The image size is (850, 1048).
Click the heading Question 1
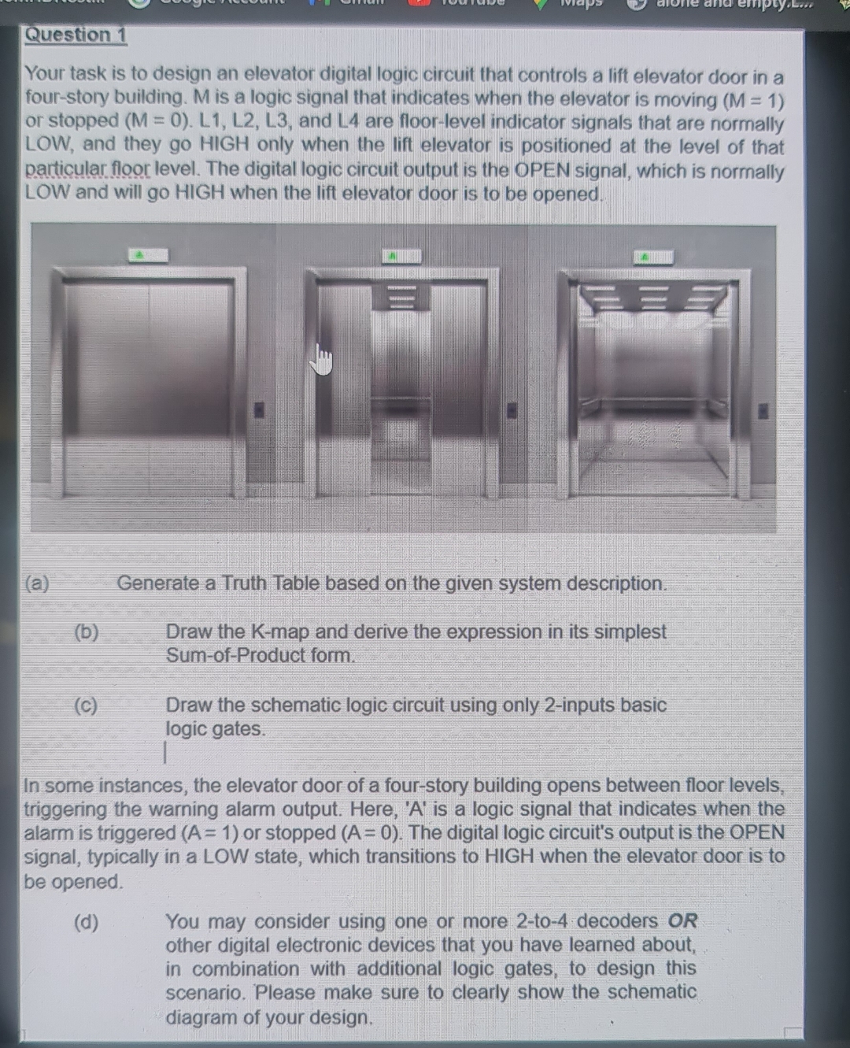tap(76, 35)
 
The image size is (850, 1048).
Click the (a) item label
tap(37, 583)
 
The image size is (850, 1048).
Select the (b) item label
tap(87, 632)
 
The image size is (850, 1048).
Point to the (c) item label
tap(87, 705)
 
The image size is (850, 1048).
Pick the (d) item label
tap(87, 922)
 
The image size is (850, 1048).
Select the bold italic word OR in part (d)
tap(682, 921)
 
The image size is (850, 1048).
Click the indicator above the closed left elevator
tap(149, 255)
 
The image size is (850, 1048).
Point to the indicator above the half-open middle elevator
tap(401, 256)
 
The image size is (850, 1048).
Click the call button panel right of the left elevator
tap(258, 409)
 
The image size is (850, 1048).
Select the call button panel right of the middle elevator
tap(512, 409)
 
